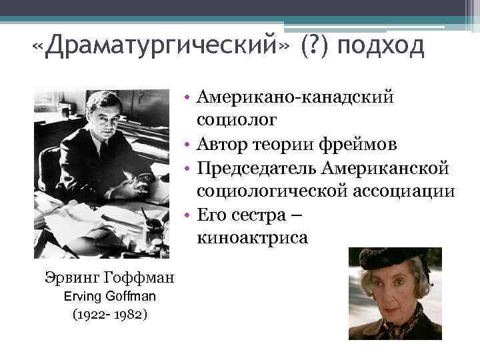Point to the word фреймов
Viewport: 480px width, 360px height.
364,143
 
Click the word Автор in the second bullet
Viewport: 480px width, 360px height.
224,143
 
